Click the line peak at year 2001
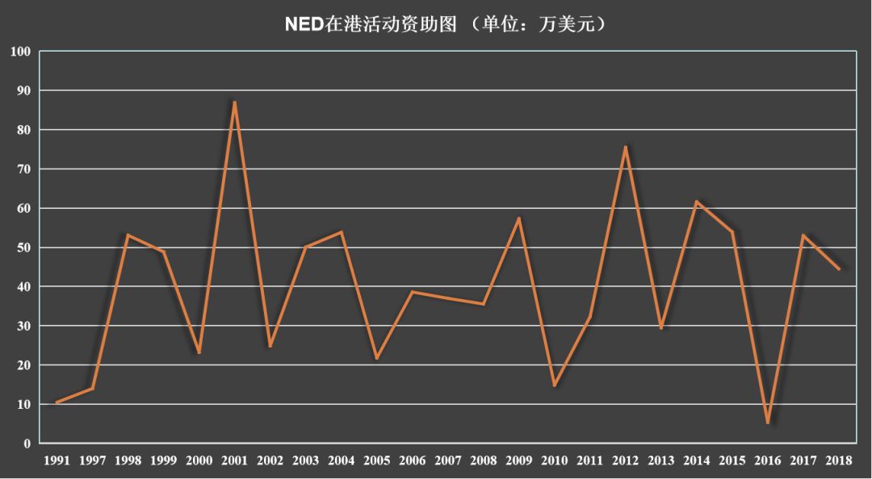tap(234, 102)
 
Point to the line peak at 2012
tap(626, 147)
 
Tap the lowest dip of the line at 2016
tap(768, 423)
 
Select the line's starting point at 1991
tap(57, 402)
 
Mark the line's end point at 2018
tap(839, 269)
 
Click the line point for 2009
tap(519, 218)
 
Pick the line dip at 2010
tap(555, 385)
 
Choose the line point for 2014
tap(697, 201)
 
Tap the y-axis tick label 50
tap(23, 248)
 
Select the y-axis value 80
tap(23, 130)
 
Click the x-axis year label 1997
tap(92, 461)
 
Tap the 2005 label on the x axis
tap(377, 461)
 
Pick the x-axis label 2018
tap(839, 461)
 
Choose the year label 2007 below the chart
tap(448, 461)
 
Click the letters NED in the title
tap(305, 24)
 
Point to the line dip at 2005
tap(377, 358)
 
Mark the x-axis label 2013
tap(661, 461)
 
